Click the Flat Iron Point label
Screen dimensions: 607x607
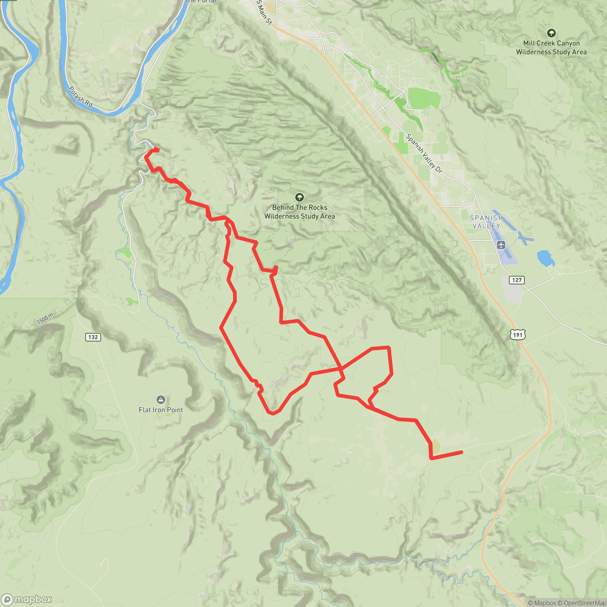tap(161, 410)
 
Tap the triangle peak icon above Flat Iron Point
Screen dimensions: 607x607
tap(161, 400)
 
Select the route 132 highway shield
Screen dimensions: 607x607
tap(93, 337)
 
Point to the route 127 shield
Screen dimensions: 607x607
tap(517, 280)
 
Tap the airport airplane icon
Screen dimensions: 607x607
tap(501, 244)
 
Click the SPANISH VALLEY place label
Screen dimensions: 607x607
tap(486, 222)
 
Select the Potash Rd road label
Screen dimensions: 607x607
tap(80, 97)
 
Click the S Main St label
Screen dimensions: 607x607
tap(264, 12)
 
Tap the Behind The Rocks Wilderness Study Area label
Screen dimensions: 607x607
tap(300, 212)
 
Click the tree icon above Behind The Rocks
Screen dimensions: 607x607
tap(300, 197)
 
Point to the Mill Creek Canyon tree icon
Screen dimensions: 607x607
tap(551, 33)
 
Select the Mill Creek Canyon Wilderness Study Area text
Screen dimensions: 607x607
tap(551, 47)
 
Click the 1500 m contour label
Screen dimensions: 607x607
tap(45, 319)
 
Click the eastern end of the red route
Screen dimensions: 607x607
tap(462, 452)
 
